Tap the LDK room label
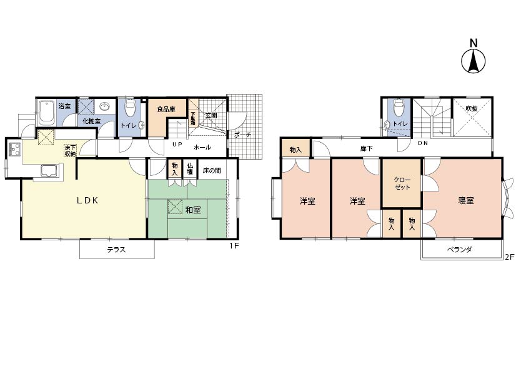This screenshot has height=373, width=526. point(87,201)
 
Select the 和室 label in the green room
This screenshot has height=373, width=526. point(193,210)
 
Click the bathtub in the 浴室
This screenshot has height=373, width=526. point(47,112)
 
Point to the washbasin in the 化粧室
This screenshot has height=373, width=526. point(105,107)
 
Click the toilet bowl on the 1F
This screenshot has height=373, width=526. point(129,107)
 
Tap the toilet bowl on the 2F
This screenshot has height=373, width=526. point(399,106)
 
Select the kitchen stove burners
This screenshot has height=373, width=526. point(16,149)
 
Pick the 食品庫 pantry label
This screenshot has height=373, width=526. point(166,110)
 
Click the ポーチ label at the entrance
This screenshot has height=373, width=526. point(243,135)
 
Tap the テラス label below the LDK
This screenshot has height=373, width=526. point(116,250)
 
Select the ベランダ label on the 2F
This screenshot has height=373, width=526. point(460,250)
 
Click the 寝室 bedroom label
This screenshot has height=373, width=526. point(466,201)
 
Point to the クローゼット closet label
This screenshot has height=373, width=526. point(402,183)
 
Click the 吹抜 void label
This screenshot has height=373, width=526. point(472,108)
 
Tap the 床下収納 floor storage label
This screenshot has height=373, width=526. point(71,151)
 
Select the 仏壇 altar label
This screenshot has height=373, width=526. point(190,169)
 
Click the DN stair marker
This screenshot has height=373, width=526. point(423,143)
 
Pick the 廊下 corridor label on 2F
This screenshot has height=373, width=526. point(366,148)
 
